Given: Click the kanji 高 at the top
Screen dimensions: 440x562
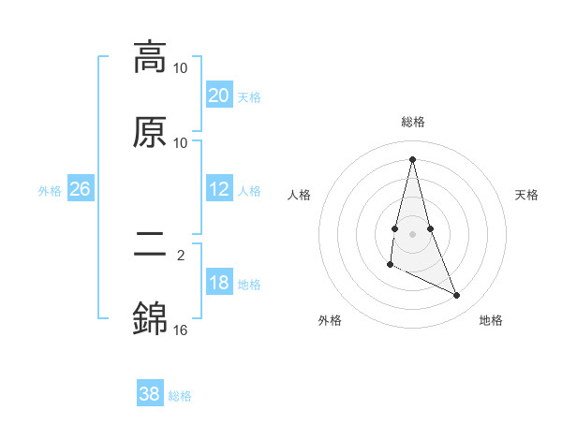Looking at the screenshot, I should coord(150,57).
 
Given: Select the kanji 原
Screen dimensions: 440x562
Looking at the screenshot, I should coord(150,132).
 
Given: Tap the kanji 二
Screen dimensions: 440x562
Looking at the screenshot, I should coord(150,245).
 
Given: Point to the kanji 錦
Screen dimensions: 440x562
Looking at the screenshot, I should coord(150,319).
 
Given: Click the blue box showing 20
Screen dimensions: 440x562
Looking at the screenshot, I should coord(218,95).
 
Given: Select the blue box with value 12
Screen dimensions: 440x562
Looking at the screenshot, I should coord(218,189).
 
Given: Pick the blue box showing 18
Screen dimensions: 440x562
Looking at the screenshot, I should coord(218,283).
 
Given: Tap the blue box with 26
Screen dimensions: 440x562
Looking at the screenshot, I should coord(80,189).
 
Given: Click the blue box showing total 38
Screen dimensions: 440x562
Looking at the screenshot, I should coord(149,394).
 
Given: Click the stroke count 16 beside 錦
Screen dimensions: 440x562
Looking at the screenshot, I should coord(181,330).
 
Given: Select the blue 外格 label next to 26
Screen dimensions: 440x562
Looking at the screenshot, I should coord(50,191).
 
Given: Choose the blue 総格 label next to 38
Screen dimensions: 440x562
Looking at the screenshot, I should coord(180,396).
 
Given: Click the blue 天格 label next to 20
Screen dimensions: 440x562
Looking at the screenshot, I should coord(249,96).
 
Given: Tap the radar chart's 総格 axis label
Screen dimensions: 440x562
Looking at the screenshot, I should coord(413,122).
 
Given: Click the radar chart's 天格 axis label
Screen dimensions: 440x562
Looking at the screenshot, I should coord(527,195).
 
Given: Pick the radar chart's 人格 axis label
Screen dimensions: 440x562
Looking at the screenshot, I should coord(299,195).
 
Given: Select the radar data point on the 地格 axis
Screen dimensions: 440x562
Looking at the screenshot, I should coord(457,296).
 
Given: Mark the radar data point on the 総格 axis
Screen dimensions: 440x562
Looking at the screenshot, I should coord(413,159).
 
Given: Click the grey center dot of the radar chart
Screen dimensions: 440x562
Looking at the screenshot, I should coord(413,233).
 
